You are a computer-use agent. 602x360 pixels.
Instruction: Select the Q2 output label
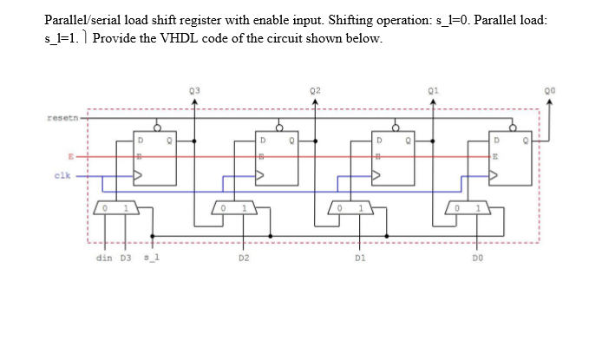pos(315,90)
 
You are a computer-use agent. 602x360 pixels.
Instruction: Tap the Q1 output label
pos(431,90)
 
